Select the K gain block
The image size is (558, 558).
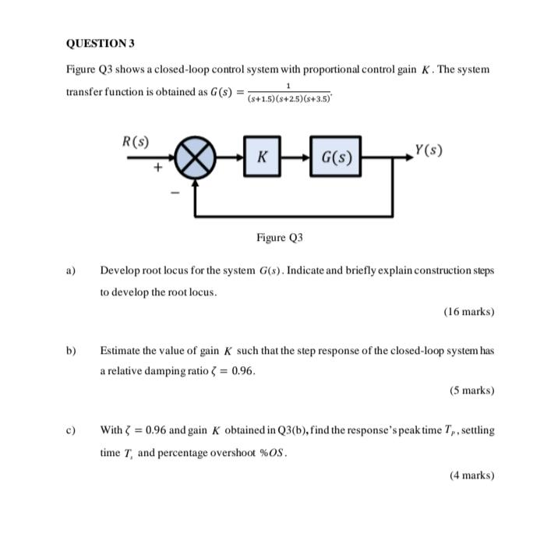[x=263, y=157]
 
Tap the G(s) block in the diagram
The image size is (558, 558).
[x=337, y=157]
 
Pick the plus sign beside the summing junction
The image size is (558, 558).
[x=158, y=166]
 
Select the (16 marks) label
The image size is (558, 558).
[x=468, y=311]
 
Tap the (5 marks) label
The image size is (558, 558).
[x=471, y=390]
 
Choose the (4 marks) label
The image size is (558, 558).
[x=471, y=475]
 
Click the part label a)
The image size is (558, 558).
[x=70, y=270]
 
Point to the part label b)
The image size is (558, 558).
[x=70, y=351]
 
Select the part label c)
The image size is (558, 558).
[x=70, y=430]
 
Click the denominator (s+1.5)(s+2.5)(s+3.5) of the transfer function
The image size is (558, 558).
[x=288, y=99]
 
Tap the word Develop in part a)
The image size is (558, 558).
[x=118, y=270]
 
